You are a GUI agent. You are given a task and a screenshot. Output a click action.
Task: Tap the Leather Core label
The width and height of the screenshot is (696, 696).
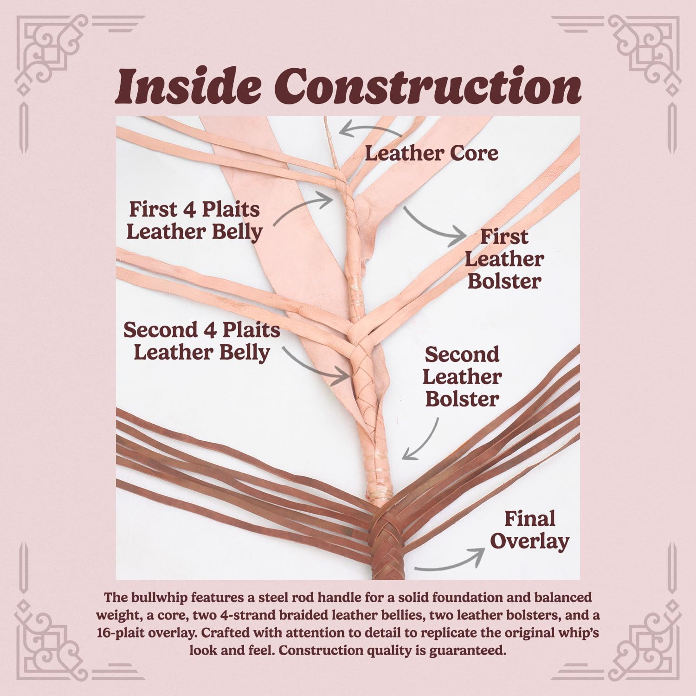[432, 154]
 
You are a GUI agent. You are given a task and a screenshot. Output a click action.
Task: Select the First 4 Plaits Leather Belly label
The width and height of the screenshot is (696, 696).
[194, 221]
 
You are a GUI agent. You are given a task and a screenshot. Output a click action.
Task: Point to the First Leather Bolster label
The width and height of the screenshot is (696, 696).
[504, 259]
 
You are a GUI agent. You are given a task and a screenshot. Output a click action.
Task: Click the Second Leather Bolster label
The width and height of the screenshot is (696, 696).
[462, 377]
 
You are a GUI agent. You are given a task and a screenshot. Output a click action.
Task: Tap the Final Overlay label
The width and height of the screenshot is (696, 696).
[530, 530]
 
